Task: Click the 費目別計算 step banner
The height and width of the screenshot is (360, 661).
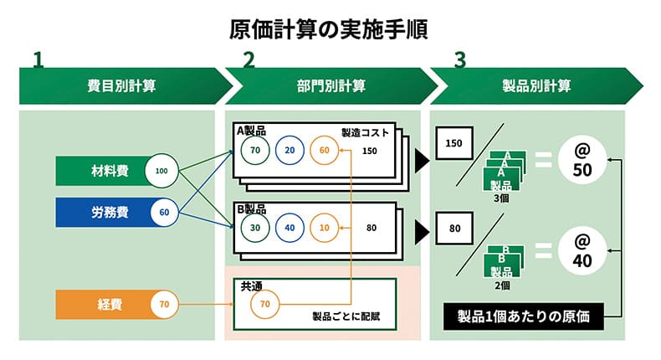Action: pos(121,85)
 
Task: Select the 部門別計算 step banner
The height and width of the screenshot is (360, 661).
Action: pos(330,85)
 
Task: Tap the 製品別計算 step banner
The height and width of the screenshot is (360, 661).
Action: pos(536,85)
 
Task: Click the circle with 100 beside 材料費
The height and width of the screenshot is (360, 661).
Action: pos(162,172)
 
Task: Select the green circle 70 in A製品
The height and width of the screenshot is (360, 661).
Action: pos(255,151)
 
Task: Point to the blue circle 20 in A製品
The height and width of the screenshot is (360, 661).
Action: pos(290,151)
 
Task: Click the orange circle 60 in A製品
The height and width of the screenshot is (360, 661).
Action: pos(325,151)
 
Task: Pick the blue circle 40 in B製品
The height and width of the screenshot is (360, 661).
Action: pos(290,226)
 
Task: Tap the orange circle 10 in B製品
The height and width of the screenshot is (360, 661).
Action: pos(325,226)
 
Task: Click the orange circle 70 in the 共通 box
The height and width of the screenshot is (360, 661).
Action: pos(265,303)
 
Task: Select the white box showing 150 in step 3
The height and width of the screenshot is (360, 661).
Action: pos(454,143)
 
